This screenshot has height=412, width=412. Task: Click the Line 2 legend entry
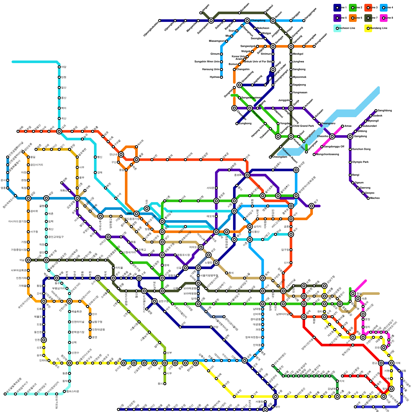pyautogui.click(x=355, y=8)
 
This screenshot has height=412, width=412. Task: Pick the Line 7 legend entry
pyautogui.click(x=371, y=18)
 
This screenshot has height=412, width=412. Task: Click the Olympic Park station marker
pyautogui.click(x=350, y=162)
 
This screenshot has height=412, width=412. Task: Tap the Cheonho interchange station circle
pyautogui.click(x=332, y=136)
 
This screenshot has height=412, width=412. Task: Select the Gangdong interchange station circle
pyautogui.click(x=350, y=136)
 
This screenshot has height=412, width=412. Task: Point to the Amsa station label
pyautogui.click(x=348, y=126)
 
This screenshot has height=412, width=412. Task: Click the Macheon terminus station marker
pyautogui.click(x=368, y=198)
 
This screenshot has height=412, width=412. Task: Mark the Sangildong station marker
pyautogui.click(x=376, y=111)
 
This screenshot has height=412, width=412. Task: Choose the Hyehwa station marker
pyautogui.click(x=221, y=77)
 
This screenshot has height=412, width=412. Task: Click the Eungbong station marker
pyautogui.click(x=237, y=124)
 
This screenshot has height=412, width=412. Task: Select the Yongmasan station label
pyautogui.click(x=300, y=92)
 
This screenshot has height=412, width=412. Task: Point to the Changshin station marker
pyautogui.click(x=234, y=70)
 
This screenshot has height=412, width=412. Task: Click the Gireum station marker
pyautogui.click(x=221, y=54)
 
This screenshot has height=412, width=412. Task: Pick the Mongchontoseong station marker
pyautogui.click(x=314, y=154)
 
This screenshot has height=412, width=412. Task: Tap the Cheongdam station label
pyautogui.click(x=280, y=157)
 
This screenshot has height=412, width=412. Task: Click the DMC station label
pyautogui.click(x=130, y=213)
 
